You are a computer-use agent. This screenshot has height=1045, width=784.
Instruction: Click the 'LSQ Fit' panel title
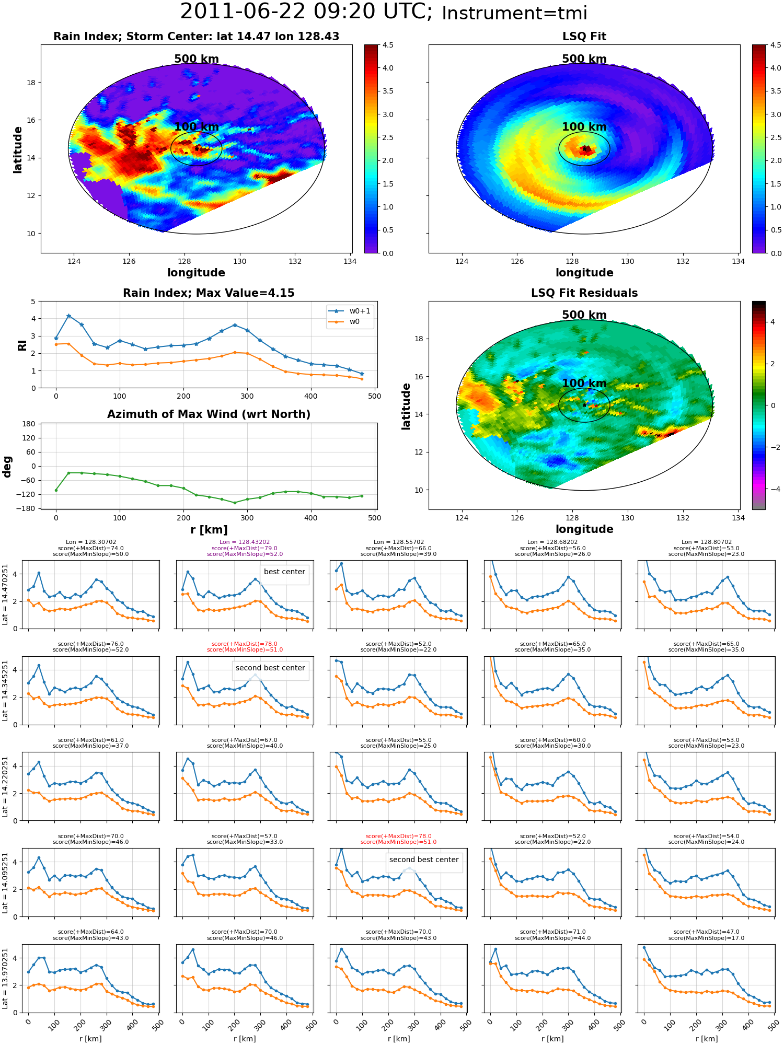584,37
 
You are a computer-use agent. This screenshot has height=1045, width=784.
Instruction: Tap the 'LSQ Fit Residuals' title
584,293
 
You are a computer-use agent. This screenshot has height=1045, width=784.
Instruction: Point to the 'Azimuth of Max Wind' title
209,414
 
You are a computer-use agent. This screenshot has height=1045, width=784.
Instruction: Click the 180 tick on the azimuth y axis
29,424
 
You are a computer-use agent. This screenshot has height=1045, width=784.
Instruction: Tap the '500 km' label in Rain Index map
197,59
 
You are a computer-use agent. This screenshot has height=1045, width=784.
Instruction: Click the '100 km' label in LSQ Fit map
584,127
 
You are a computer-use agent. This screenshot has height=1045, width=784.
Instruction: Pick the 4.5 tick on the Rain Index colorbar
388,45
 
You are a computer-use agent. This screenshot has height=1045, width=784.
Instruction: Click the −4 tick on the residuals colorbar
773,489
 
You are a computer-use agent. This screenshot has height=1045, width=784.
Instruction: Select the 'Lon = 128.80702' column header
706,542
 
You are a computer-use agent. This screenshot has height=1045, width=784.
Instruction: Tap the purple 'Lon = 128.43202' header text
245,542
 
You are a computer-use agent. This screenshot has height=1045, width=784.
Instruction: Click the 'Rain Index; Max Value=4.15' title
209,293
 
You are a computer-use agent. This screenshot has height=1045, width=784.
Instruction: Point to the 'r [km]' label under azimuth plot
209,530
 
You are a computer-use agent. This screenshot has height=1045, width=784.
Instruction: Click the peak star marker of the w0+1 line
69,316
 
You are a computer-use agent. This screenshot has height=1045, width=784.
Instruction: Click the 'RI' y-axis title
22,345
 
